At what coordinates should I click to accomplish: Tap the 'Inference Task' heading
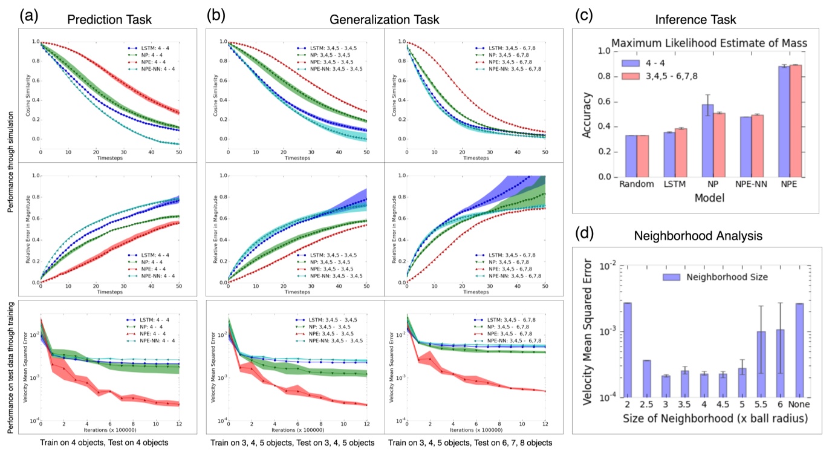pyautogui.click(x=695, y=19)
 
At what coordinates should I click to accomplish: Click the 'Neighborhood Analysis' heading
pyautogui.click(x=695, y=232)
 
